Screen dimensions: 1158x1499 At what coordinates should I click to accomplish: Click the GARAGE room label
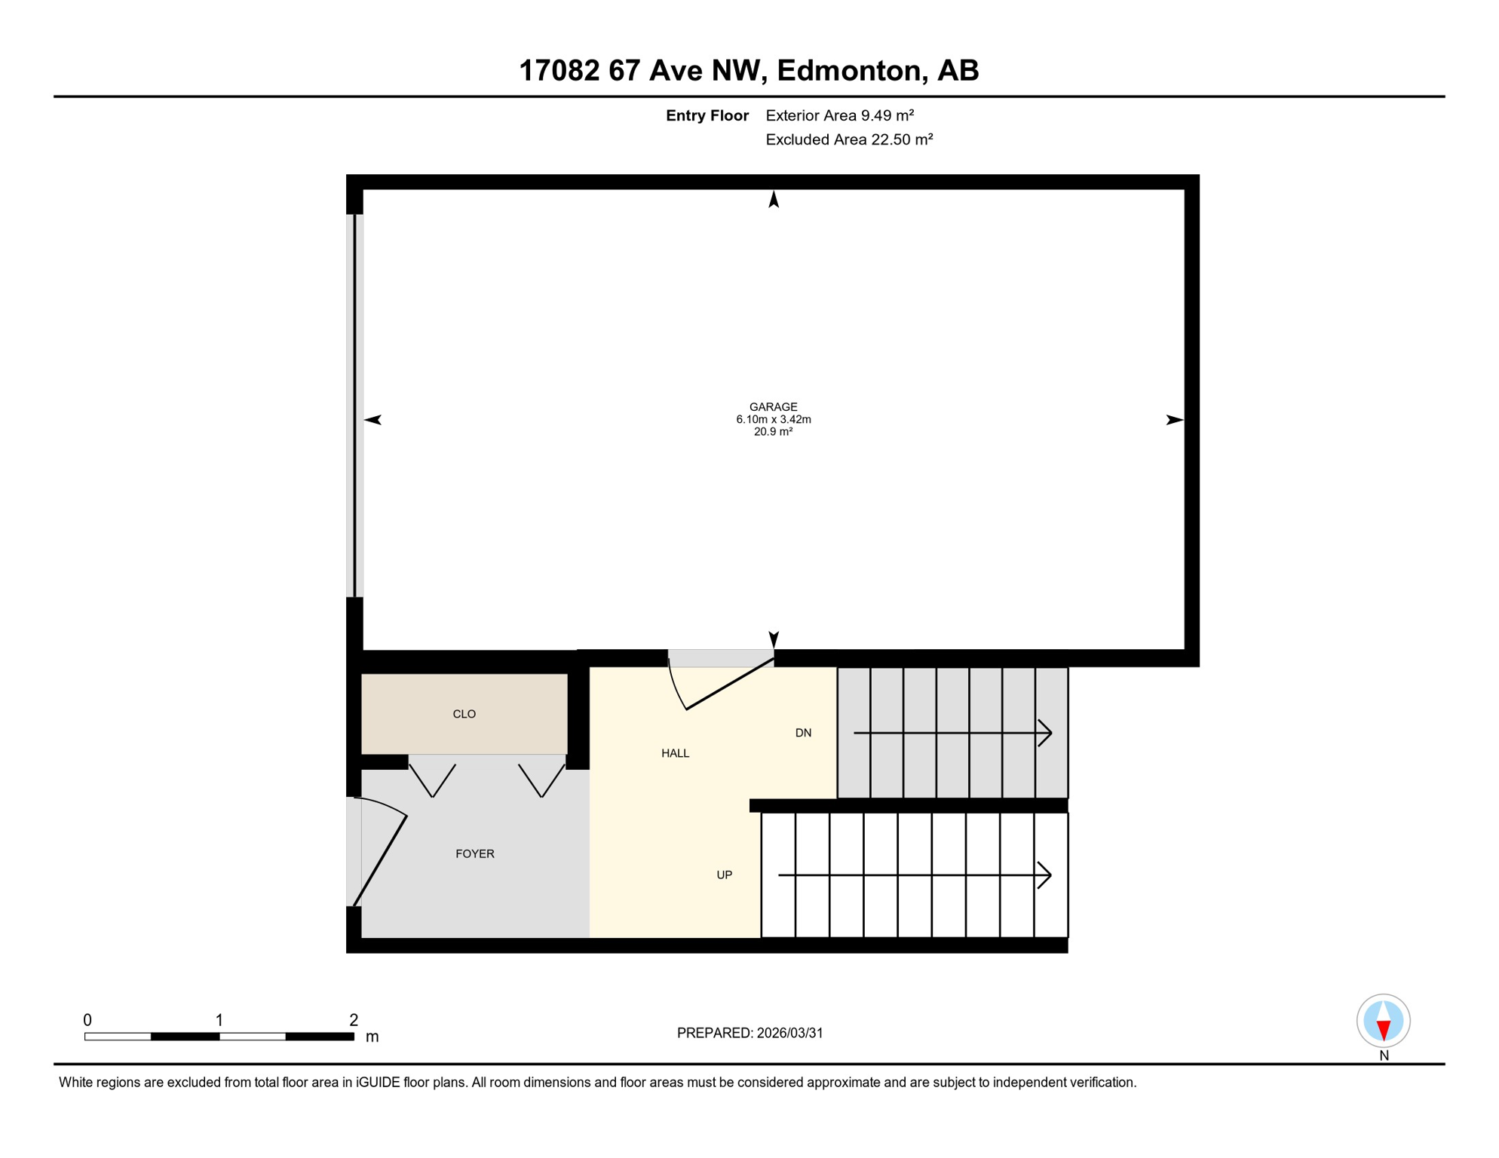tap(773, 407)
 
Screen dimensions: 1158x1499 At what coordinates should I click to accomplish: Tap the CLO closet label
tap(464, 714)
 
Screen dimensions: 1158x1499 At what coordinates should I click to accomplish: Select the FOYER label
tap(474, 853)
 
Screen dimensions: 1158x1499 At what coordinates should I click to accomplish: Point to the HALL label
tap(675, 753)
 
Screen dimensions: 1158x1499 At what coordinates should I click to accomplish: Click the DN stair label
tap(803, 733)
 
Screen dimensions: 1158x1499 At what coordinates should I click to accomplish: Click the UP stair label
tap(724, 875)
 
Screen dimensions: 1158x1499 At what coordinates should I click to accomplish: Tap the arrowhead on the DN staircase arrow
tap(1046, 732)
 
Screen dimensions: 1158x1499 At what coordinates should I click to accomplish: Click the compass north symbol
tap(1383, 1021)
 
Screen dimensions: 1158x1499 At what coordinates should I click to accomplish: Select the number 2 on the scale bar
tap(353, 1020)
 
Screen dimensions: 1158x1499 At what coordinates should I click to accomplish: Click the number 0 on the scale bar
tap(87, 1020)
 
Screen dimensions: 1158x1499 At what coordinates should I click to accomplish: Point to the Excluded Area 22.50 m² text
tap(849, 139)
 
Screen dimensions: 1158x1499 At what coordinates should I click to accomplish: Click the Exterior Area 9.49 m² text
tap(839, 115)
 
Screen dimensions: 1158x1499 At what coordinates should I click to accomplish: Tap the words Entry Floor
tap(707, 115)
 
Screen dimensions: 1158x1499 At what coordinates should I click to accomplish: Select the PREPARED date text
tap(749, 1033)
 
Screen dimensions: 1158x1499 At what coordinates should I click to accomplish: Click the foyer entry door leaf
tap(380, 860)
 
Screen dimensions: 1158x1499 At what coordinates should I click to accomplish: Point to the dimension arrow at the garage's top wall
tap(773, 199)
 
